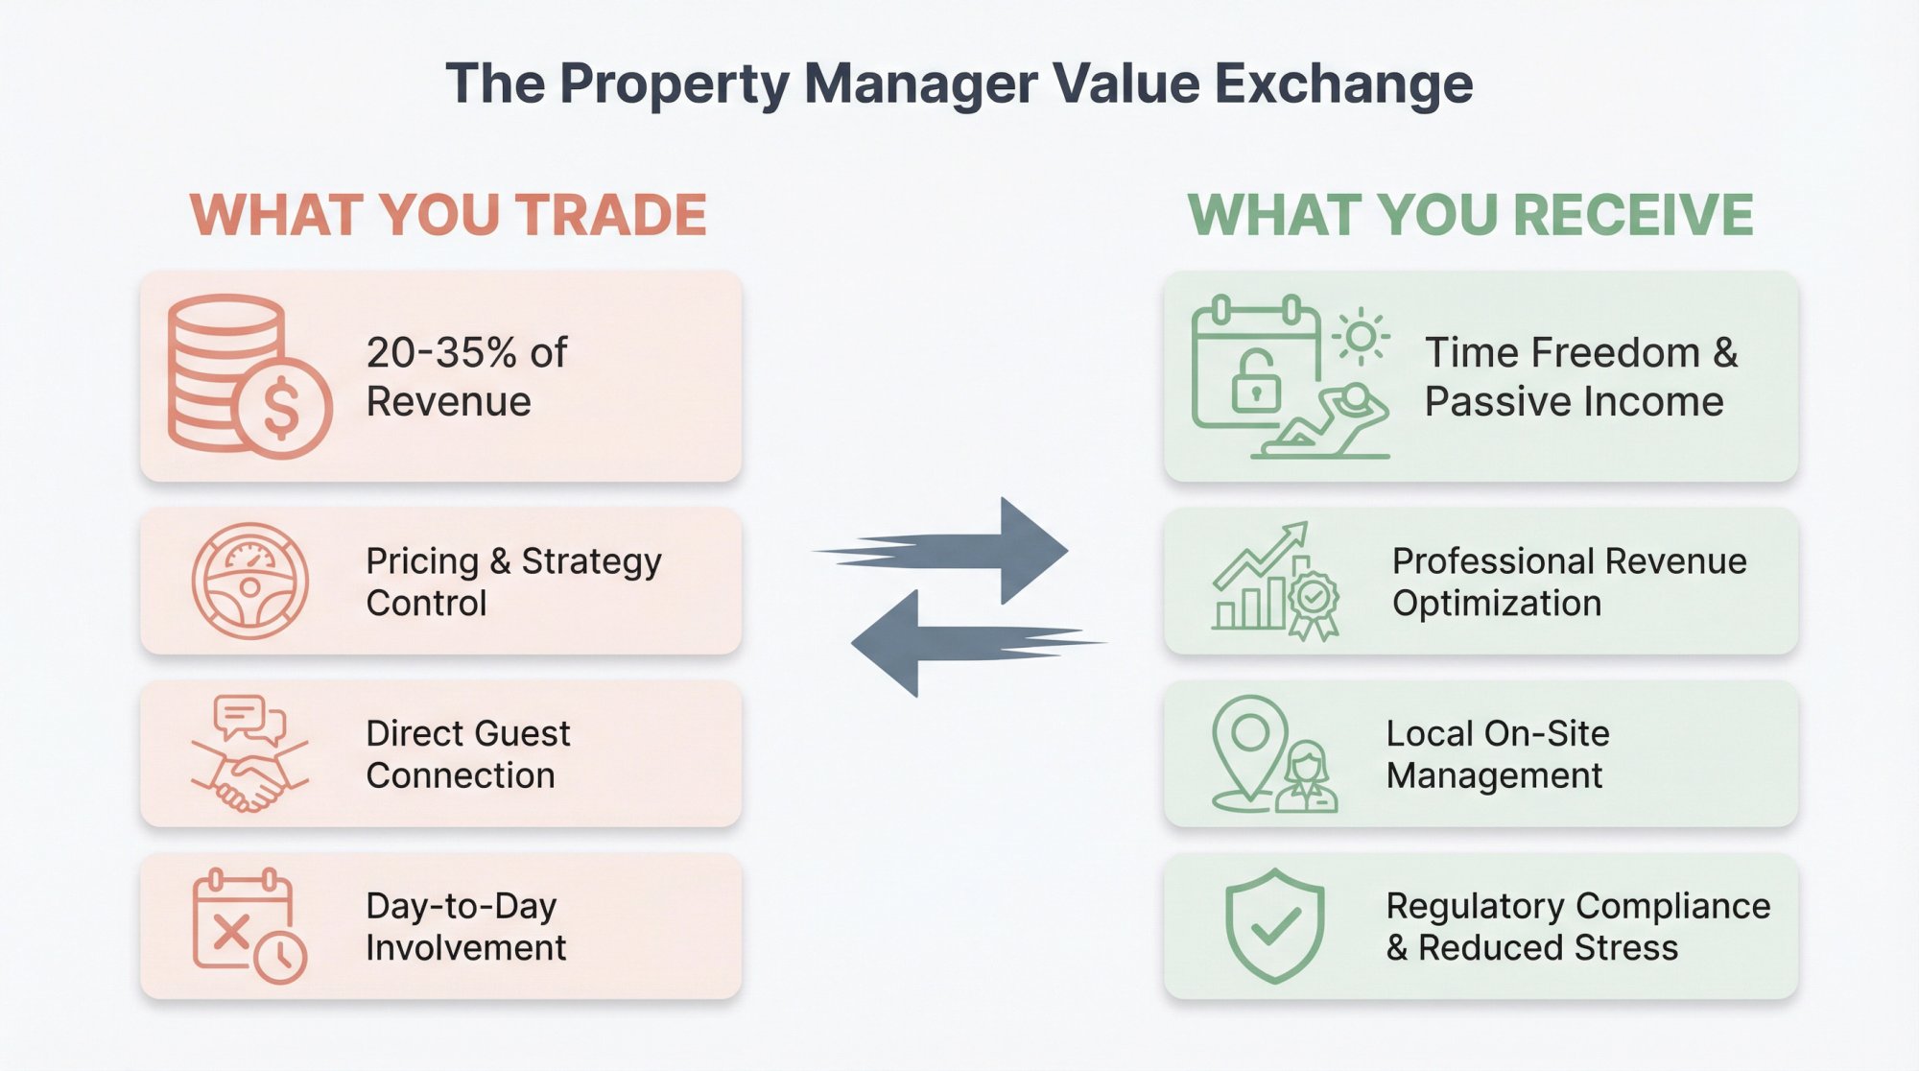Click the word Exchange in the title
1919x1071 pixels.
(1343, 84)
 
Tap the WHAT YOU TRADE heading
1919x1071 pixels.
(448, 215)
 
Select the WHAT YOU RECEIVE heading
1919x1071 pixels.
(1470, 215)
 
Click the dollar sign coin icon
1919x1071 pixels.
(282, 407)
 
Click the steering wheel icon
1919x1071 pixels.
(249, 582)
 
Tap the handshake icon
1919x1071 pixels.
(249, 779)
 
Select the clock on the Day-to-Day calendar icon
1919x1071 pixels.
(280, 956)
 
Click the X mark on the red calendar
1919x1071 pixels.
(230, 931)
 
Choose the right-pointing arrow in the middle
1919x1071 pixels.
(959, 551)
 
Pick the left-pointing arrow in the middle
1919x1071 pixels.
(969, 643)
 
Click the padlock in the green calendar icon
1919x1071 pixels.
(1255, 383)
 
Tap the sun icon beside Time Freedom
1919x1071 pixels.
(1361, 337)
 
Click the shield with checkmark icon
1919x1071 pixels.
(1274, 925)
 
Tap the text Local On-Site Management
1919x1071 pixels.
(1497, 754)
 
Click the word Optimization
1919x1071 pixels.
(1497, 604)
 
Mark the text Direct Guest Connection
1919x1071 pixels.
(467, 754)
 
